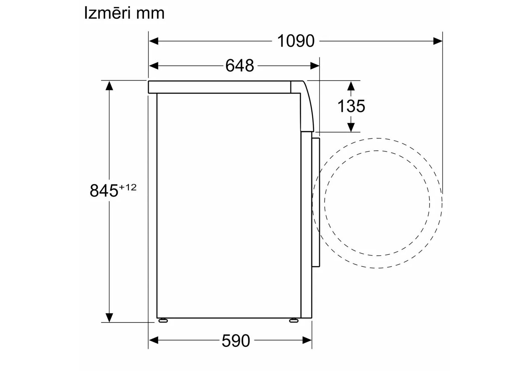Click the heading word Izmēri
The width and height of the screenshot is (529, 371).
[x=108, y=13]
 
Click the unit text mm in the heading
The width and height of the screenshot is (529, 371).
[x=150, y=14]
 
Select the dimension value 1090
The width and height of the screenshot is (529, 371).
[x=295, y=41]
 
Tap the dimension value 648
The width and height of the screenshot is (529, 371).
[x=239, y=66]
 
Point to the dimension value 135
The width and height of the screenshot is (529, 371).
[x=351, y=106]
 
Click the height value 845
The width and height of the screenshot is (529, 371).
[x=104, y=191]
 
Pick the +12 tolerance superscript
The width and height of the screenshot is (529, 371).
[x=128, y=187]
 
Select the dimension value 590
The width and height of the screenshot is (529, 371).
[x=236, y=341]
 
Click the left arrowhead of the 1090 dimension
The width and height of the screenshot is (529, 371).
[x=154, y=41]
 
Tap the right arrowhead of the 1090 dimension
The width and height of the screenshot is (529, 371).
[x=438, y=41]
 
